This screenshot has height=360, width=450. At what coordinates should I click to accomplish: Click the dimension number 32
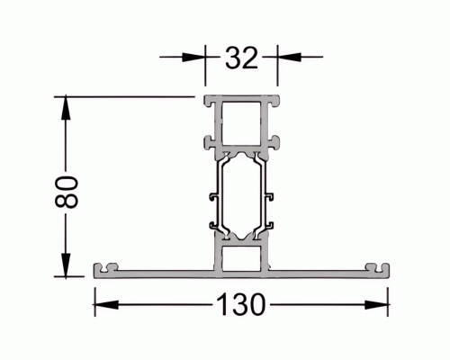pyautogui.click(x=241, y=58)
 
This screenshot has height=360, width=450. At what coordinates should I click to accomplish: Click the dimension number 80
pyautogui.click(x=67, y=192)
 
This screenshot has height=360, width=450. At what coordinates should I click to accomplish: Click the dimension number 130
pyautogui.click(x=241, y=304)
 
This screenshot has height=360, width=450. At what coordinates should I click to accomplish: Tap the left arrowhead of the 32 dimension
pyautogui.click(x=193, y=57)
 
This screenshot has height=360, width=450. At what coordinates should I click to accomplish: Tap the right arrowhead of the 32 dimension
pyautogui.click(x=289, y=57)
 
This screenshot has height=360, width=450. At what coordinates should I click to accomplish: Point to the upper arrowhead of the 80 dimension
pyautogui.click(x=66, y=108)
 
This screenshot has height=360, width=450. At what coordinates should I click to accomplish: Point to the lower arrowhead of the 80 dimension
pyautogui.click(x=66, y=265)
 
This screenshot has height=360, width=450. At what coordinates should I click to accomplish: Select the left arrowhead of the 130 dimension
pyautogui.click(x=106, y=305)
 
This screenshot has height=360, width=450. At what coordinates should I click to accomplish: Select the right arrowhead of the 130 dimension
pyautogui.click(x=376, y=305)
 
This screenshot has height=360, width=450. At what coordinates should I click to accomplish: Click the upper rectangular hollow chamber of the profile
pyautogui.click(x=241, y=123)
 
